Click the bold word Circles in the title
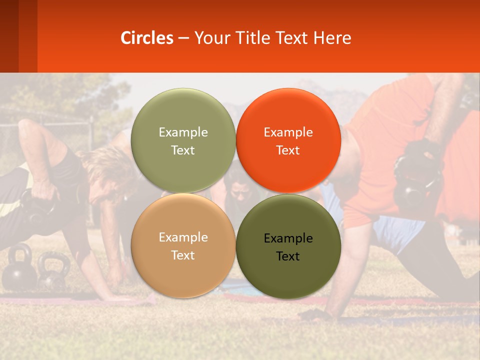tap(147, 38)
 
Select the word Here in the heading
tap(332, 38)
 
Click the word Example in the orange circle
tap(288, 132)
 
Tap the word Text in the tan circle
tap(183, 255)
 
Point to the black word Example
tap(288, 238)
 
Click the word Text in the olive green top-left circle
tap(183, 150)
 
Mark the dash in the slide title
tap(183, 38)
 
